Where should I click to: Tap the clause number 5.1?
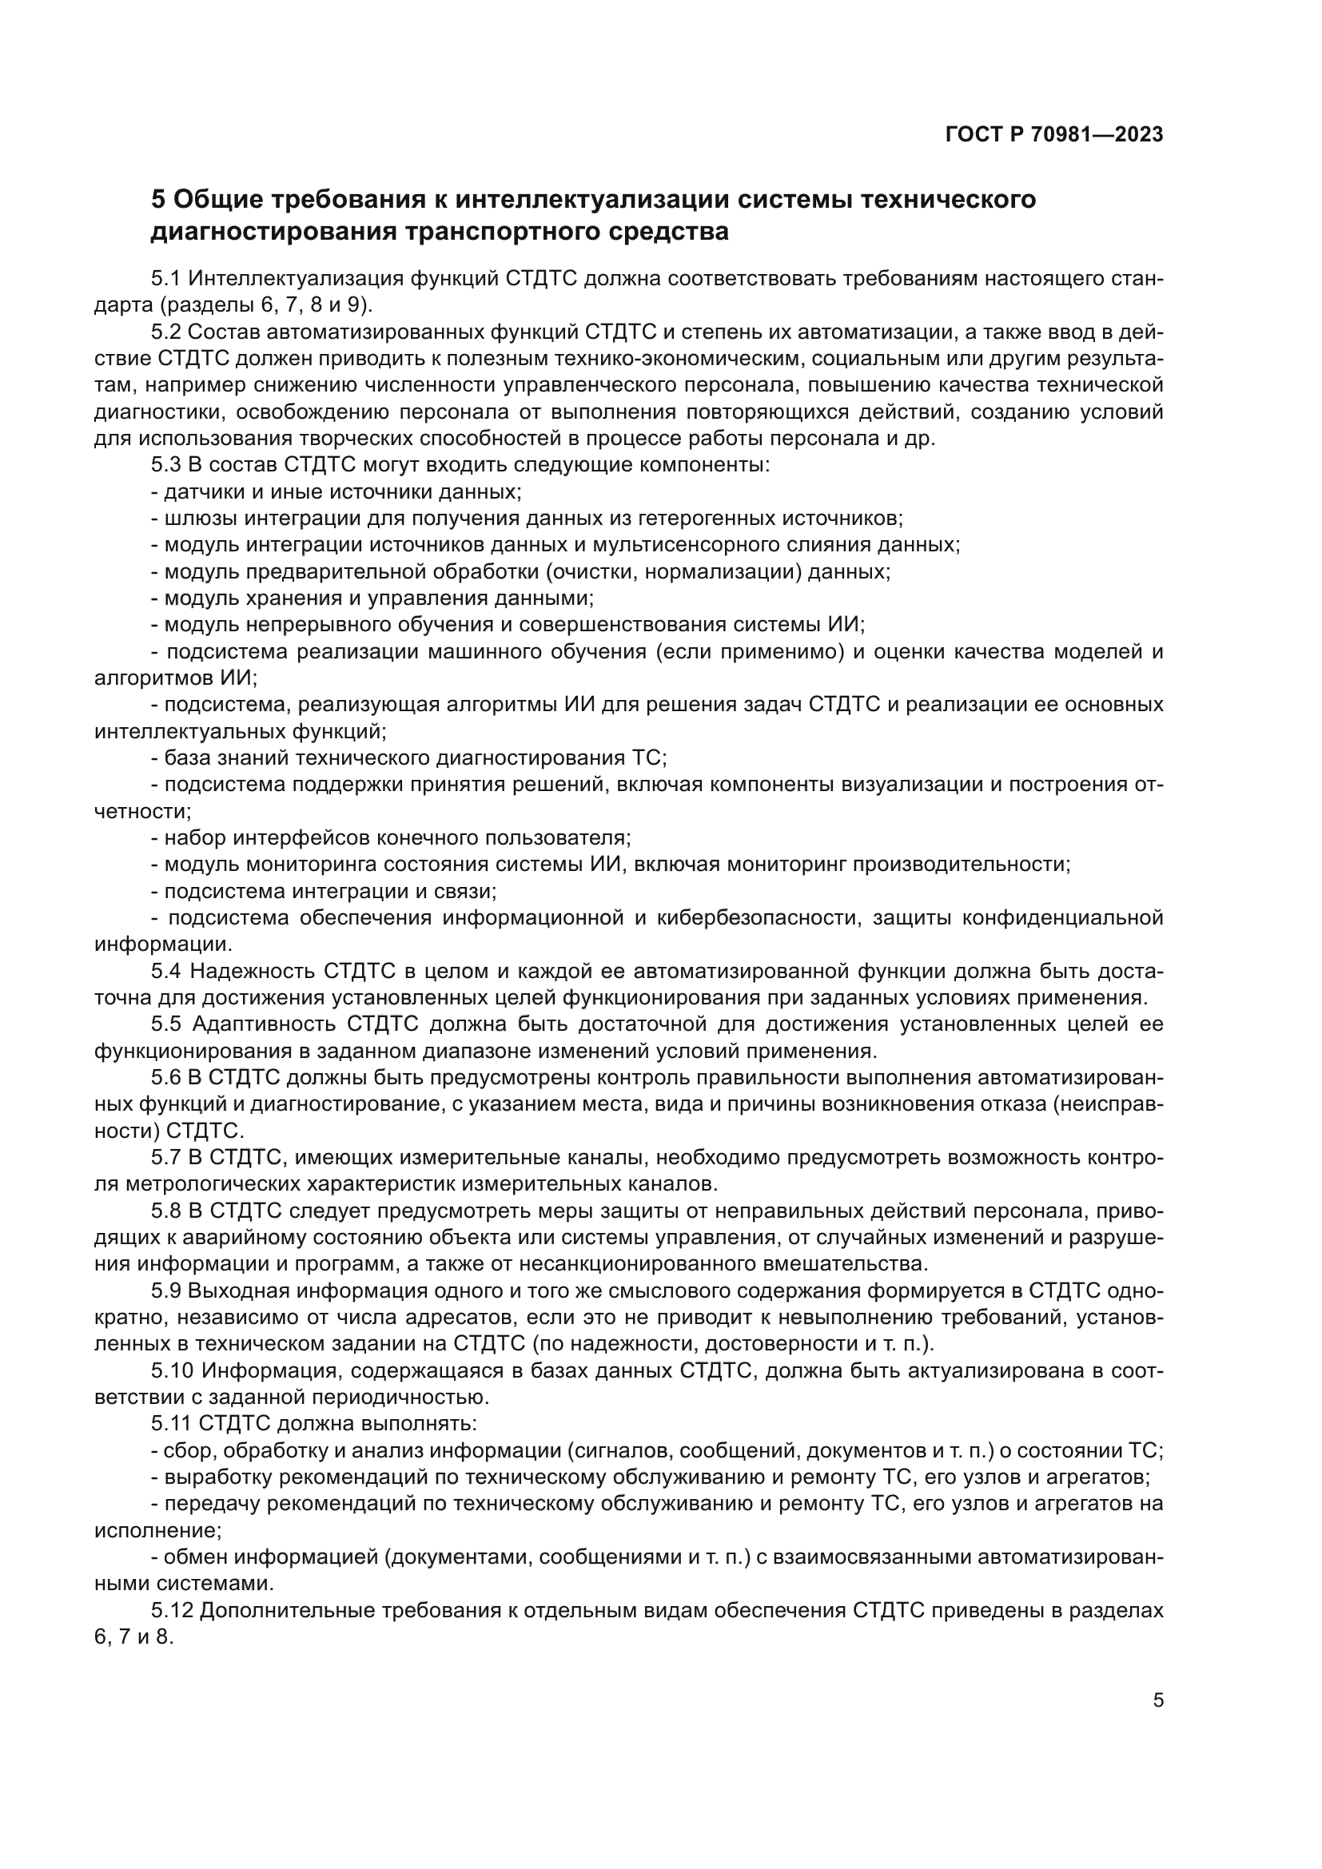(x=165, y=278)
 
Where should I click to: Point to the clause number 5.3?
(x=165, y=465)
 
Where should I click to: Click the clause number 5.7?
(x=165, y=1157)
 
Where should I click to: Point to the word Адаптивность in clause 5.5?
(x=265, y=1024)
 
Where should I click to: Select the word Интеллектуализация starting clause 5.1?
(x=295, y=278)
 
